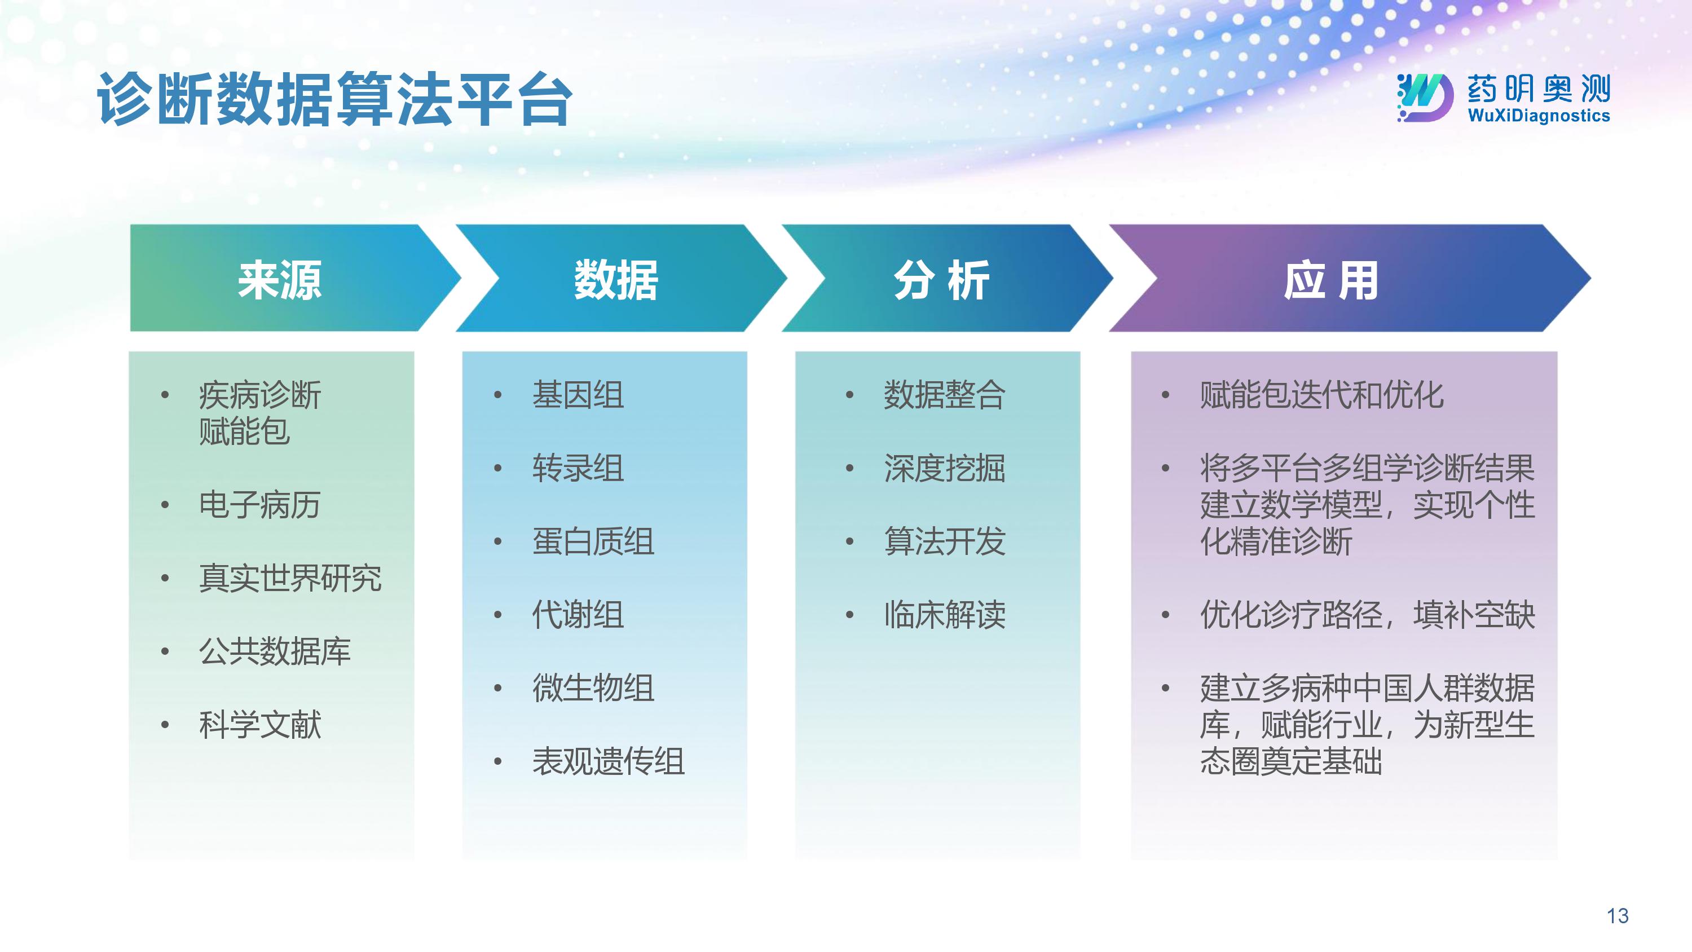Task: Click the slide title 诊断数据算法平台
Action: [x=335, y=99]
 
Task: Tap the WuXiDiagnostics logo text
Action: [x=1538, y=116]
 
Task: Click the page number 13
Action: [x=1617, y=916]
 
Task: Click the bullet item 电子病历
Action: [x=260, y=505]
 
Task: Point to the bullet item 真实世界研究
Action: [x=290, y=578]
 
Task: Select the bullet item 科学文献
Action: [x=260, y=725]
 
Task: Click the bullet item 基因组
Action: [x=578, y=395]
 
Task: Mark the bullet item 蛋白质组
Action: [x=593, y=541]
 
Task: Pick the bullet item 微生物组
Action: [x=593, y=688]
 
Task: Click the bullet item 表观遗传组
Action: [x=608, y=761]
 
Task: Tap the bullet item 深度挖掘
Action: [x=945, y=468]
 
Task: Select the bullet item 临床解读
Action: [x=945, y=615]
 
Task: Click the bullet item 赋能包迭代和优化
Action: [x=1321, y=395]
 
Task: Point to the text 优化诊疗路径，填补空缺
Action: [x=1368, y=615]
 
